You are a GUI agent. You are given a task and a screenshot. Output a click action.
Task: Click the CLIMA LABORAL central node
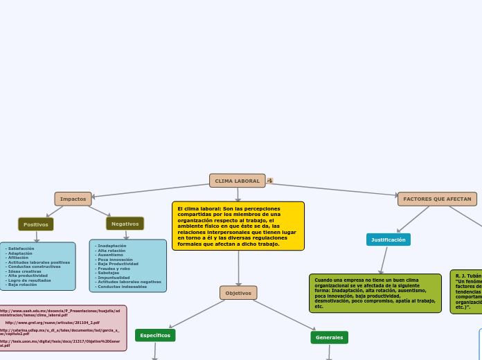tap(237, 181)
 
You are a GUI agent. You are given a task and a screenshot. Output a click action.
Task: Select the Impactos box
tap(73, 199)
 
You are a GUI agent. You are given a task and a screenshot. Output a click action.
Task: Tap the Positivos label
tap(36, 224)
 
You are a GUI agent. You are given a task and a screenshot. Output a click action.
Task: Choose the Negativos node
tap(125, 224)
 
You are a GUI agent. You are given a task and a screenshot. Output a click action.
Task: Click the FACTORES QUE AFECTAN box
tap(437, 199)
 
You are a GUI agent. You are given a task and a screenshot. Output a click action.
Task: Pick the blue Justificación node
tap(388, 240)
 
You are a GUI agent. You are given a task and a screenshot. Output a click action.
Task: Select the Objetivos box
tap(238, 293)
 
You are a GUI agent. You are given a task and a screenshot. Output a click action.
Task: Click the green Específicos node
tap(155, 335)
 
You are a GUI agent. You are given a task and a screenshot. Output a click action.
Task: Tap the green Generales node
tap(329, 337)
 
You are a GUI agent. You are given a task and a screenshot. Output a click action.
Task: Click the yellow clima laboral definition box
tap(238, 226)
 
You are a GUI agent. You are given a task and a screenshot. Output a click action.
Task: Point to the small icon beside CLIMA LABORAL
tap(270, 181)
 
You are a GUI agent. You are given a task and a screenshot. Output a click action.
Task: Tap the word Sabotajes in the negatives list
tap(108, 273)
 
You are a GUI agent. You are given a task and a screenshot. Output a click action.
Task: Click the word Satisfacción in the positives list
tap(21, 249)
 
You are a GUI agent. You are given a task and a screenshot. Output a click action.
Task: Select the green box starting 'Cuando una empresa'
tap(375, 293)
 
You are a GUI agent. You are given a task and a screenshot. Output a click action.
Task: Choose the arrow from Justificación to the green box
tap(383, 260)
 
